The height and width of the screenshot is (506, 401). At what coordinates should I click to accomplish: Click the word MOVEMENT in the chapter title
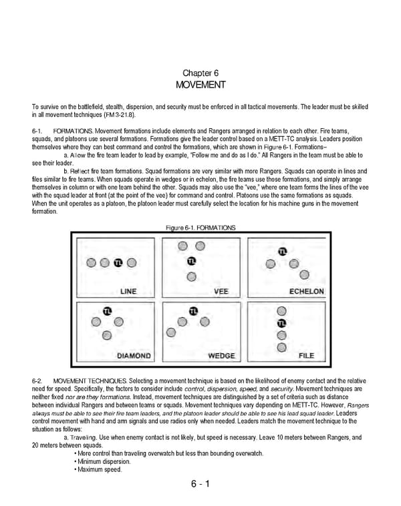[200, 85]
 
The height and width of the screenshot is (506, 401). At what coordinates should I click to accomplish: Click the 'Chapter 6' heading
[200, 72]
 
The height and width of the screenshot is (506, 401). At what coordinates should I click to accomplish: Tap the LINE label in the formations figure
[128, 292]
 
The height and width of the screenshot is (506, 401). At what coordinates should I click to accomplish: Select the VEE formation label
[221, 292]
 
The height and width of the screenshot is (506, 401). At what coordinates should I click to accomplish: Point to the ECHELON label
[306, 292]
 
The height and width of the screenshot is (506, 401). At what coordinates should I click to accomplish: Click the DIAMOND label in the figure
[134, 356]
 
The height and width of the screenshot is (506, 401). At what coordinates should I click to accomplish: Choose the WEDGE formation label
[221, 356]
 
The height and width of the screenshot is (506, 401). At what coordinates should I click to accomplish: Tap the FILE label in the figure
[306, 356]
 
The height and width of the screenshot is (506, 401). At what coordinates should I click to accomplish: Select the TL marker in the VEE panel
[192, 261]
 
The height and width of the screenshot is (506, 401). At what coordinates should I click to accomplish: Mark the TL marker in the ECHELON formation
[281, 251]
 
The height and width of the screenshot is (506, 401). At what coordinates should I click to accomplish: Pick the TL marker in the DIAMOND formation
[107, 310]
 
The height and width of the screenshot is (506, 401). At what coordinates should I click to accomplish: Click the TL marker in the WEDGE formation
[194, 310]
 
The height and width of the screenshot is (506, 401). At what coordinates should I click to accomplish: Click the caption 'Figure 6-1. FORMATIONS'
[200, 228]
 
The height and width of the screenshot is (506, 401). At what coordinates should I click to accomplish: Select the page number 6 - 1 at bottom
[200, 484]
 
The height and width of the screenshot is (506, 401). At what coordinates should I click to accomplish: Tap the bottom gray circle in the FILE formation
[281, 347]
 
